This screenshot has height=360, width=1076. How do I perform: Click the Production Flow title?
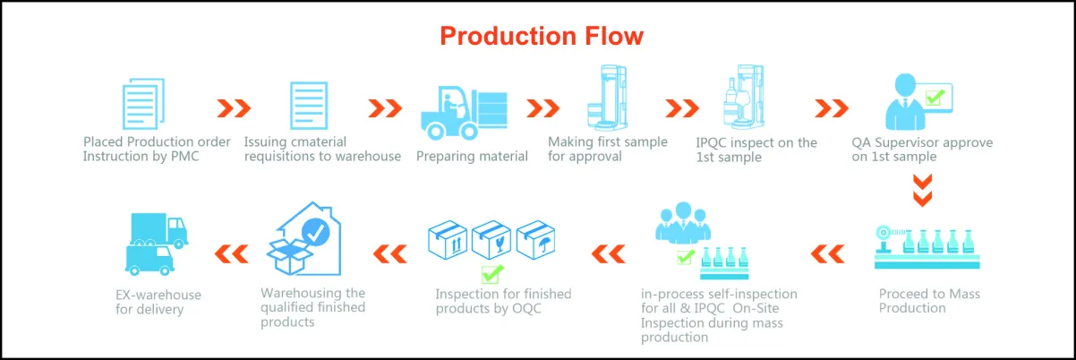542,36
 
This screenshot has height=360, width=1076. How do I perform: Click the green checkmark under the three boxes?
491,272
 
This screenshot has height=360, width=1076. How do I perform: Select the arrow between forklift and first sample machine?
542,108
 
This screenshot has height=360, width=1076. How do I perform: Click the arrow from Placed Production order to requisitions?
235,108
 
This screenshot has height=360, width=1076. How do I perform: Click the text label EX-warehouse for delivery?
158,302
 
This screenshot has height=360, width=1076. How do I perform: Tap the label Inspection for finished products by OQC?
503,301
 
